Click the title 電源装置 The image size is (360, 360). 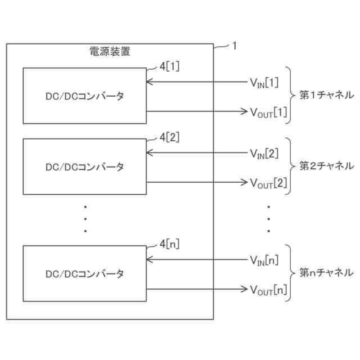coord(110,52)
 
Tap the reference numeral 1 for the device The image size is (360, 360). coord(234,47)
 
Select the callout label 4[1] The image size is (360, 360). coord(169,66)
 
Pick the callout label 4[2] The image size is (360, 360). coord(169,137)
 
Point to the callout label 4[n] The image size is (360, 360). coord(169,244)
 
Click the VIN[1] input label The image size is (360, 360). coord(264,83)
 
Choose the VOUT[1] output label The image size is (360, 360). coord(268,112)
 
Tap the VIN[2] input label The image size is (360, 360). coord(264,154)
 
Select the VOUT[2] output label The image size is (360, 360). coord(268,183)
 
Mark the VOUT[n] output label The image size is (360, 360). coord(268,290)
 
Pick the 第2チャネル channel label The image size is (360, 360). coord(326,166)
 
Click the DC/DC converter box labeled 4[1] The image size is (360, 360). coord(84,96)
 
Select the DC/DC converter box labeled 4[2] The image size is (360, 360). coord(84,166)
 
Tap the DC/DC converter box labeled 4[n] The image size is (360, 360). coord(84,273)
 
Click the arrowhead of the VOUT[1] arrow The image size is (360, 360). coord(244,111)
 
